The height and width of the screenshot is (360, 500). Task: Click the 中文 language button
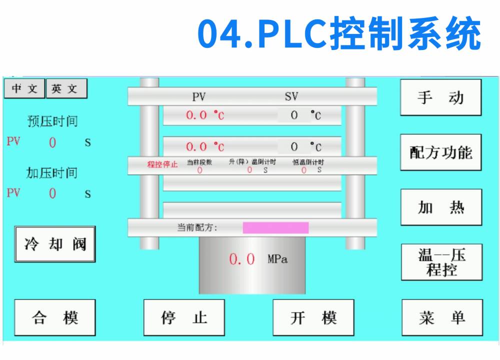[24, 88]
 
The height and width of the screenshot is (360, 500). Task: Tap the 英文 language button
[66, 88]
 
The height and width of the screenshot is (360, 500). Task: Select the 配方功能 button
[440, 152]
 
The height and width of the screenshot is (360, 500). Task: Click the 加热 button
[441, 207]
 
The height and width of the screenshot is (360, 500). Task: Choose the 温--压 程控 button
[441, 262]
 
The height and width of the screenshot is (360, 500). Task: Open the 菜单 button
[442, 317]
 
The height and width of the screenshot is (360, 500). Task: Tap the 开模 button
[313, 317]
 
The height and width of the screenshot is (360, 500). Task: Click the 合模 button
[54, 317]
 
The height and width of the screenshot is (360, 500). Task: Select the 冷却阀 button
[54, 244]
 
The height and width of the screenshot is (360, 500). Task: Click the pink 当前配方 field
[275, 227]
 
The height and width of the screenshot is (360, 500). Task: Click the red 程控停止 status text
[162, 164]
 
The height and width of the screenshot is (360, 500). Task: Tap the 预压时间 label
[52, 121]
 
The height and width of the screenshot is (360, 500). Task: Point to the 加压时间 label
[52, 173]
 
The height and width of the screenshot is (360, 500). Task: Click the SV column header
[291, 96]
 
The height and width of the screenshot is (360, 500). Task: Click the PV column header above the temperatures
[199, 96]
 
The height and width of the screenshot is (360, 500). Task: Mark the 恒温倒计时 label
[308, 162]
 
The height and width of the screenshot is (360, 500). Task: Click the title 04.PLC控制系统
[339, 33]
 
